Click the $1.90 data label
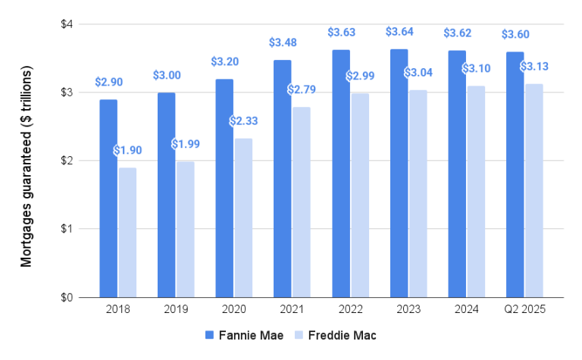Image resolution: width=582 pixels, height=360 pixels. [127, 150]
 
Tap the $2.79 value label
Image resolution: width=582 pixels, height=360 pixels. [302, 90]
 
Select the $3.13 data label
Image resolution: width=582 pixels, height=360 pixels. [534, 67]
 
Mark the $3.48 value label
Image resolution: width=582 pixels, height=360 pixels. [282, 42]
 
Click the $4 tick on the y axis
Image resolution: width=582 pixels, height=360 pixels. [67, 24]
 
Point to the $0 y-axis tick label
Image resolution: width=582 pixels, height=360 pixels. [67, 297]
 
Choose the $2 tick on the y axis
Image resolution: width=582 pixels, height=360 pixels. [67, 161]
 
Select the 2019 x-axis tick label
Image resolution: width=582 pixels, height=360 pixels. [176, 310]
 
